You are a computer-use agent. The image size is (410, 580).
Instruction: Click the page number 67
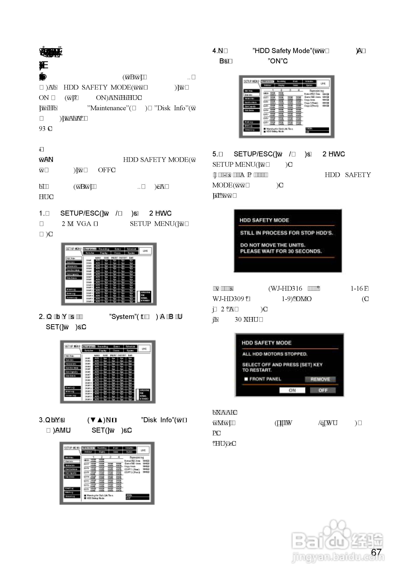(x=376, y=552)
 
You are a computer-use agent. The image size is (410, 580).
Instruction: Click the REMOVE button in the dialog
(x=320, y=379)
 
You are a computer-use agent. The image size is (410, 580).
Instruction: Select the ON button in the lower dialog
(x=292, y=390)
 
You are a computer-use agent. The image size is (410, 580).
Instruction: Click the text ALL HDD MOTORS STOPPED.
(x=275, y=354)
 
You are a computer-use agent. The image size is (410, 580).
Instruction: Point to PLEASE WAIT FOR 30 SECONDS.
(x=281, y=251)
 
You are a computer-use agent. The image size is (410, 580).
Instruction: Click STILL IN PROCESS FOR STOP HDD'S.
(x=286, y=233)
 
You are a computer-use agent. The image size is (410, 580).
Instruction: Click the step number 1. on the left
(x=42, y=214)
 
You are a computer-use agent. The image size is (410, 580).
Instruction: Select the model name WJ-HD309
(x=228, y=299)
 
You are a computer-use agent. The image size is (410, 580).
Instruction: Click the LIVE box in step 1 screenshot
(x=145, y=251)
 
